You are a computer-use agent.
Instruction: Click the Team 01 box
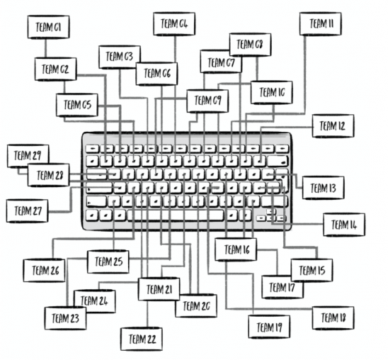tap(48, 27)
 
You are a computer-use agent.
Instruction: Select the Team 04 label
tap(174, 24)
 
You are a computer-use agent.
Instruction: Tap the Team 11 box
tap(321, 24)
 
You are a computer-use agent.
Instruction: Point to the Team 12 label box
tap(333, 125)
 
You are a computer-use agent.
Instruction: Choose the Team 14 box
tap(344, 225)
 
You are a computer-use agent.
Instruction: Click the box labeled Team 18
tap(333, 318)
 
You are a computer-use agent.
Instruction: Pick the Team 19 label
tap(269, 327)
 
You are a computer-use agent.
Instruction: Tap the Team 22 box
tap(142, 339)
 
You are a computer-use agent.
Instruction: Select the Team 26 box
tap(45, 271)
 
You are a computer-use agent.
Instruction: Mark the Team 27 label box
tap(27, 211)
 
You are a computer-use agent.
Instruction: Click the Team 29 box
tap(28, 156)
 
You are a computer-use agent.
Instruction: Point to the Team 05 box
tap(77, 105)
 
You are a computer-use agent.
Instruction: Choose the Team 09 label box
tap(207, 101)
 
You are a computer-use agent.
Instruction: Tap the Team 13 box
tap(323, 188)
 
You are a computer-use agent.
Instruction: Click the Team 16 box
tap(236, 249)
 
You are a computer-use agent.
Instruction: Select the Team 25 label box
tap(108, 261)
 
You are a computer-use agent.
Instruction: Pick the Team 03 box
tap(120, 57)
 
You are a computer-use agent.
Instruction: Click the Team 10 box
tap(272, 92)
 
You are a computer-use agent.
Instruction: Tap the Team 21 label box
tap(159, 289)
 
